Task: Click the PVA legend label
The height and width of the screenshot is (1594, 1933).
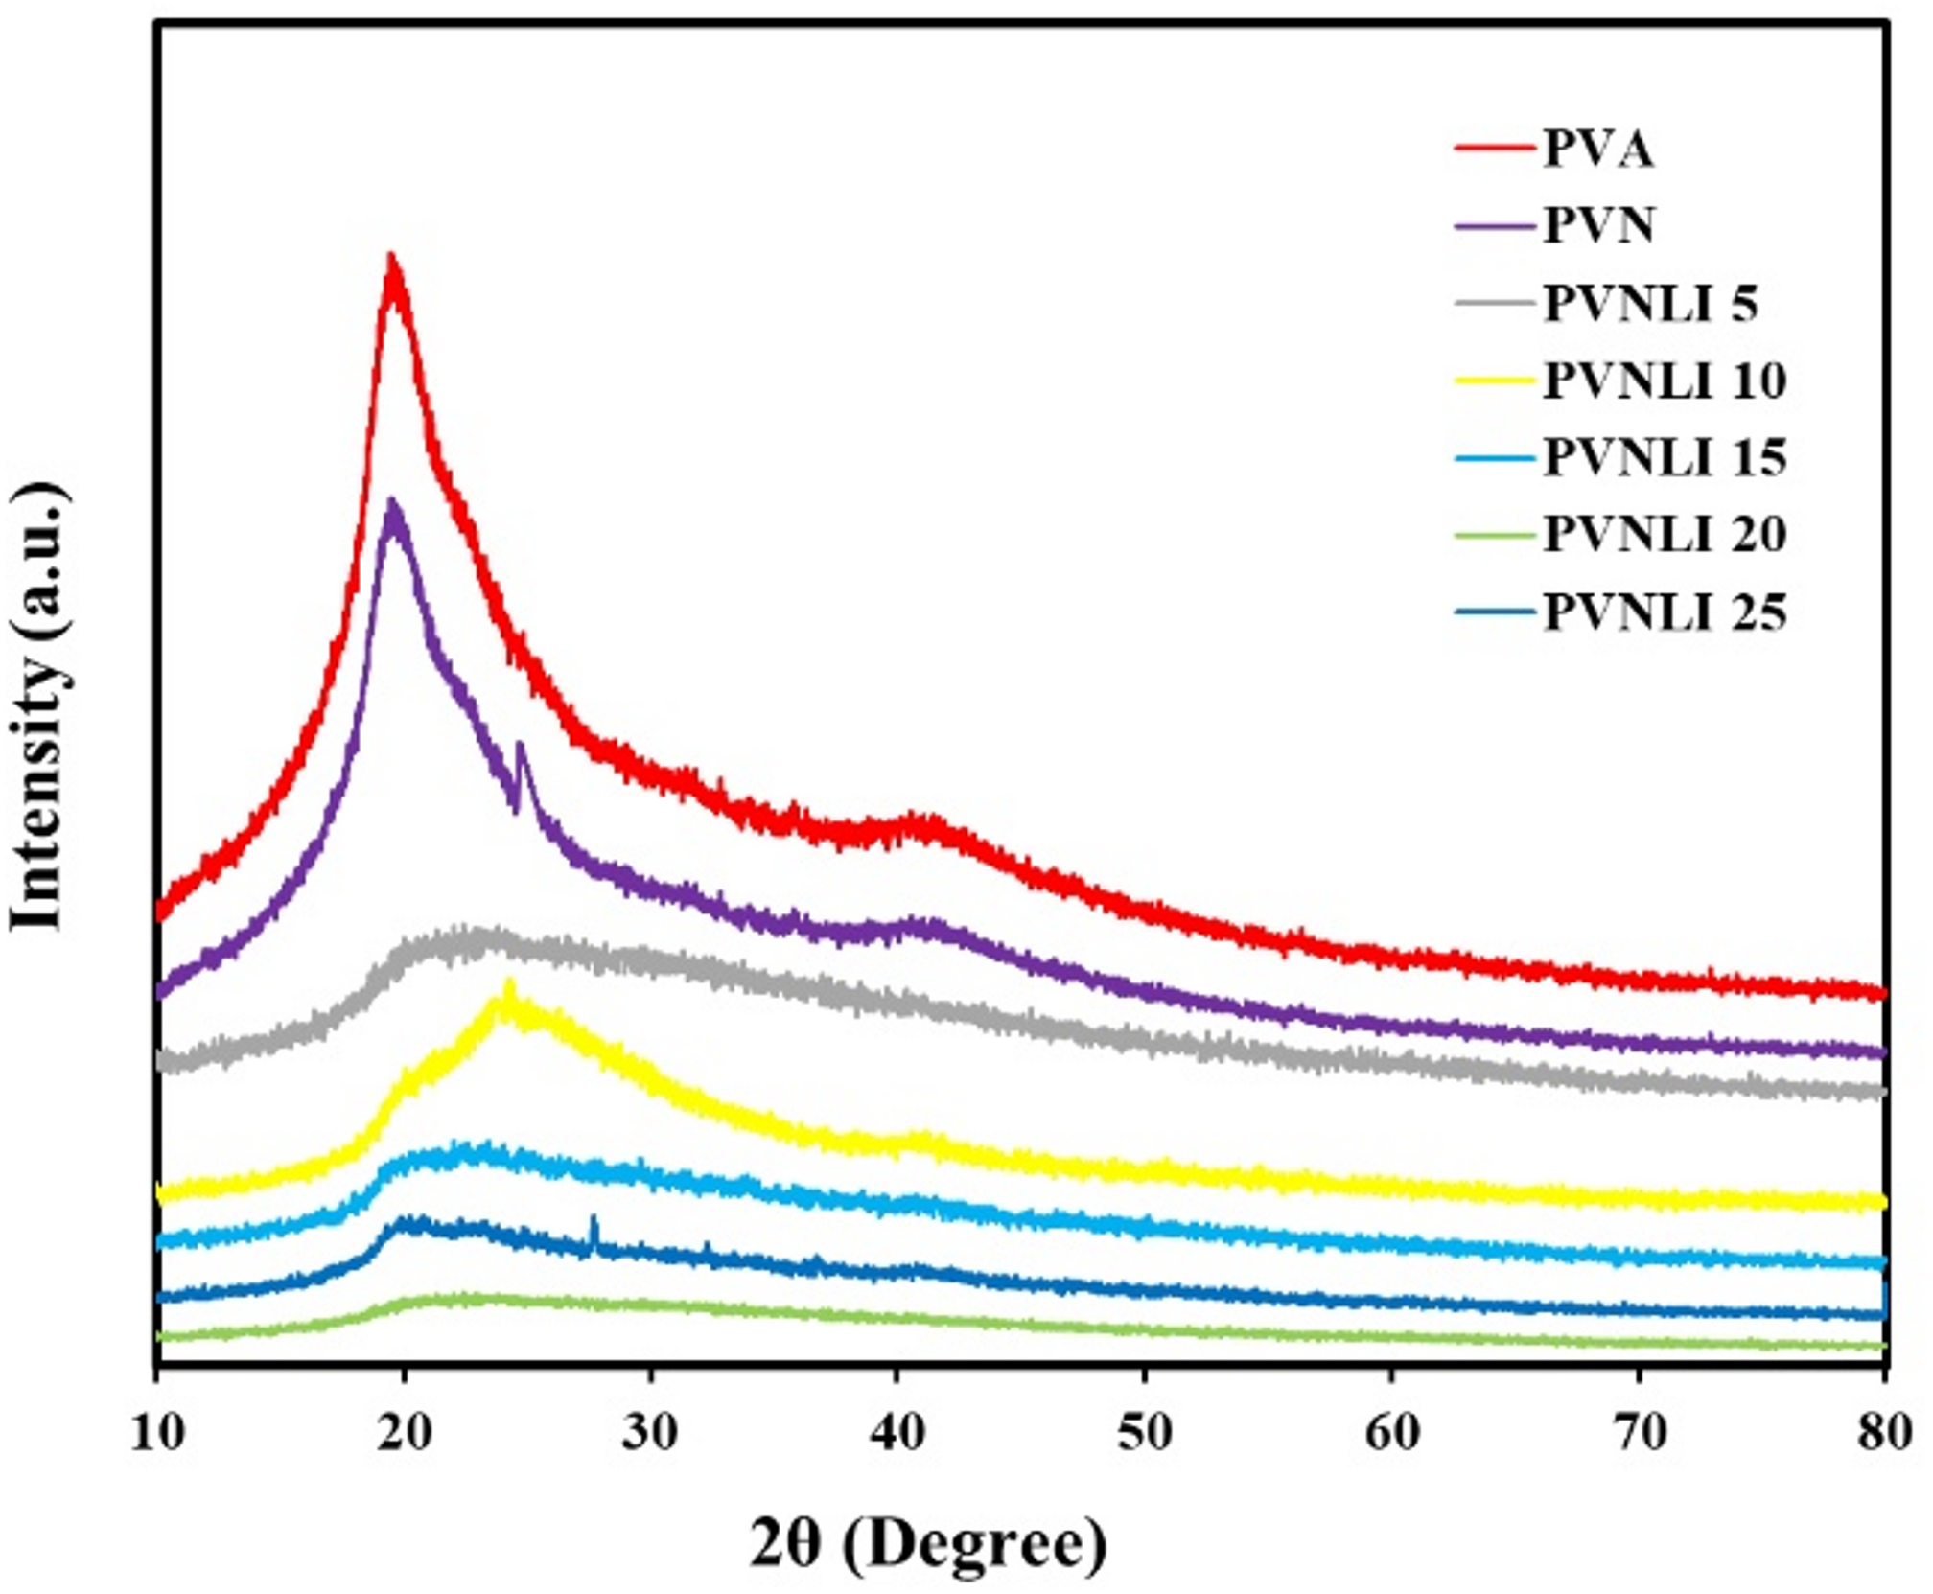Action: coord(1597,150)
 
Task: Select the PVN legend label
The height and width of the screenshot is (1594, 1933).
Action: coord(1598,227)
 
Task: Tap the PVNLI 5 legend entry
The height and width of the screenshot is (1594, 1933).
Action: coord(1650,305)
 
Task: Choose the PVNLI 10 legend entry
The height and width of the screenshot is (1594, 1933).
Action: coord(1665,381)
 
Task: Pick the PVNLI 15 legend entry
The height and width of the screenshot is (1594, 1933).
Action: coord(1665,458)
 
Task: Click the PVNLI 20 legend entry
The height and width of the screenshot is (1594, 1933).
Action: coord(1665,535)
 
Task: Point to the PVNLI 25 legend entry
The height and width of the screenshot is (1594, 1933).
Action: coord(1665,612)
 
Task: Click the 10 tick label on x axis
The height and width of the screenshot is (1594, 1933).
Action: coord(156,1433)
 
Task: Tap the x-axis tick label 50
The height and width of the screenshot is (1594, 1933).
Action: coord(1144,1433)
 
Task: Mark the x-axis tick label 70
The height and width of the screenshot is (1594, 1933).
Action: coord(1639,1433)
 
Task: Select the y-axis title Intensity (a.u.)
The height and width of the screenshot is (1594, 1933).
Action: coord(38,706)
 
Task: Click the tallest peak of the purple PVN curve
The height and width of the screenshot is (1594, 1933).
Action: coord(391,502)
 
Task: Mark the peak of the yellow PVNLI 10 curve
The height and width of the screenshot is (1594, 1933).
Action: coord(509,983)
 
